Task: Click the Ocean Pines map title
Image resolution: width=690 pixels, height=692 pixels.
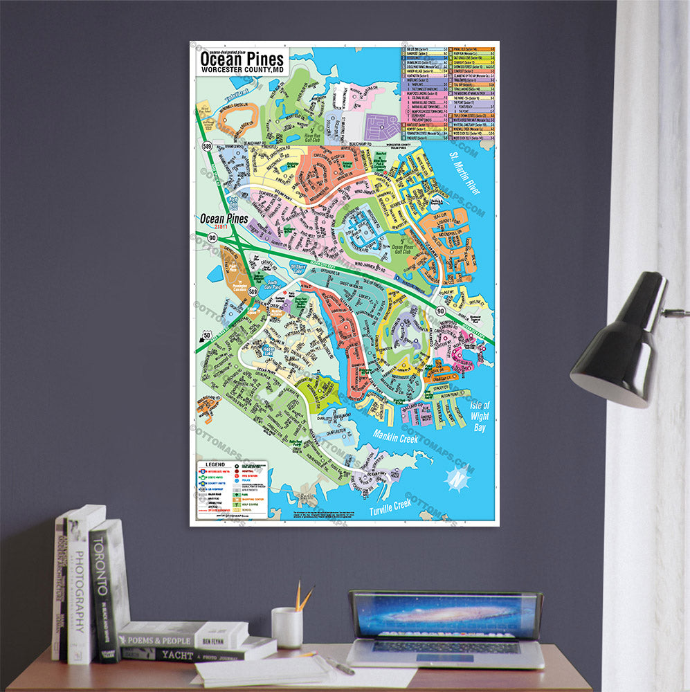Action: pyautogui.click(x=242, y=60)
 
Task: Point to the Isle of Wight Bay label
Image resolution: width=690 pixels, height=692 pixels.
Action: pyautogui.click(x=479, y=417)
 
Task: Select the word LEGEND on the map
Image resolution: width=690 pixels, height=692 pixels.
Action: pyautogui.click(x=212, y=464)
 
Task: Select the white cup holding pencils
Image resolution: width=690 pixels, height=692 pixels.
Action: pyautogui.click(x=287, y=627)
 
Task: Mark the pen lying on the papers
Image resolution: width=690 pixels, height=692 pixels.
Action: pyautogui.click(x=340, y=665)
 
